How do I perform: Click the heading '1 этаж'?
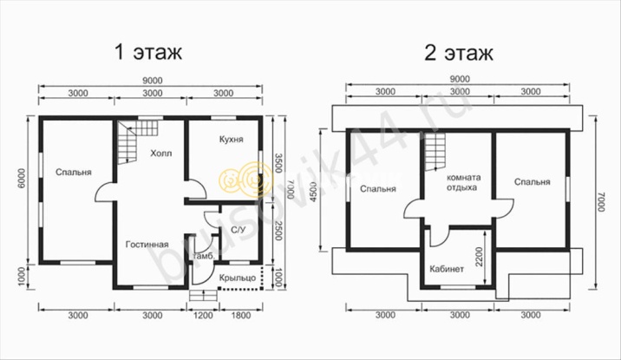pyautogui.click(x=148, y=52)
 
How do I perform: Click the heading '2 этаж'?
pyautogui.click(x=459, y=53)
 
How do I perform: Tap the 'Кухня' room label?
pyautogui.click(x=232, y=140)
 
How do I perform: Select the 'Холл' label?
pyautogui.click(x=161, y=154)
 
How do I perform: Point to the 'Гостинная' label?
pyautogui.click(x=147, y=245)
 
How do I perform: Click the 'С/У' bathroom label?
pyautogui.click(x=238, y=230)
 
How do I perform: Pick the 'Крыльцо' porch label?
pyautogui.click(x=238, y=278)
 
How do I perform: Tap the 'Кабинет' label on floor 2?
pyautogui.click(x=447, y=269)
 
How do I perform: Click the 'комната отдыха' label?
pyautogui.click(x=462, y=182)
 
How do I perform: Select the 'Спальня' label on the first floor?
pyautogui.click(x=74, y=173)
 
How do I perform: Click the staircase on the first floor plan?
pyautogui.click(x=137, y=141)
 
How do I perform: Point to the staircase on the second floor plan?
pyautogui.click(x=435, y=151)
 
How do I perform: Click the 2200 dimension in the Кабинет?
pyautogui.click(x=480, y=257)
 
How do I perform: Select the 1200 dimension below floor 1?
pyautogui.click(x=203, y=316)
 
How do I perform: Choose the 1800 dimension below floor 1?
pyautogui.click(x=241, y=316)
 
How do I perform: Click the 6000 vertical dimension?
pyautogui.click(x=21, y=179)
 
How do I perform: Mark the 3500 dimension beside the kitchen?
pyautogui.click(x=278, y=163)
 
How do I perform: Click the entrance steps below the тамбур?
pyautogui.click(x=204, y=296)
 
